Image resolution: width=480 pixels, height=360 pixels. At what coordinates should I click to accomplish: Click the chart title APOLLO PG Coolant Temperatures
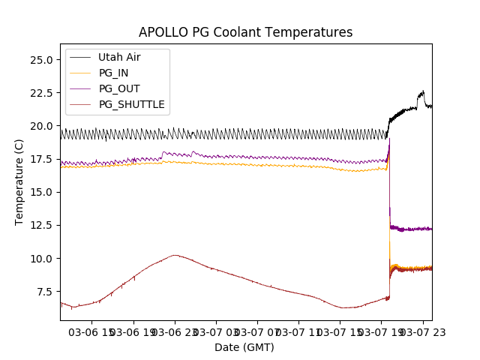click(245, 32)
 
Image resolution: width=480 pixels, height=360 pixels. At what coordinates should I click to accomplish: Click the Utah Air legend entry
click(119, 57)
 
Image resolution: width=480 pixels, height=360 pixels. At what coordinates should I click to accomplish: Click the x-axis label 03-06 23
click(175, 332)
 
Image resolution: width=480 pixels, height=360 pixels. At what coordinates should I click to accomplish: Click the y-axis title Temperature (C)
click(19, 182)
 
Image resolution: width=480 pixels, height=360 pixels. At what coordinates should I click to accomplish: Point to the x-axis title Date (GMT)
click(244, 347)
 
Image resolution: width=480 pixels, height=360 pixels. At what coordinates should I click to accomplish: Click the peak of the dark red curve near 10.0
click(175, 255)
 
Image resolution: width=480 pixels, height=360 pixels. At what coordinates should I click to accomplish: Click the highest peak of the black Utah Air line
click(423, 91)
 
